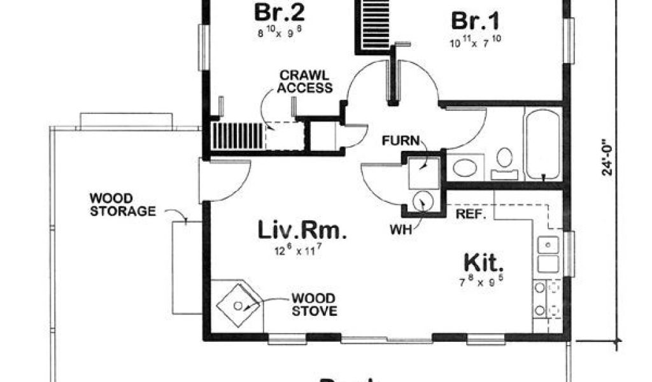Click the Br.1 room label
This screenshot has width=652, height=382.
[474, 21]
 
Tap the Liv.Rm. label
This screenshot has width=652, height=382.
[302, 230]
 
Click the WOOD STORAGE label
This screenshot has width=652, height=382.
[122, 204]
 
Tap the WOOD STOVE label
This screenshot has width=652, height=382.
[315, 304]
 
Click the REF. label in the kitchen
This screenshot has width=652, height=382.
[471, 215]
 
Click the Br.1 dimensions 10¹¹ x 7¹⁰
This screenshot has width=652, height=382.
[475, 43]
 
